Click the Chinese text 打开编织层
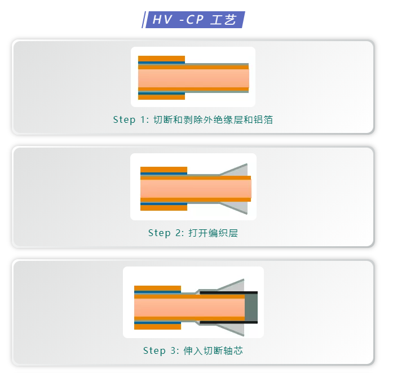coord(213,233)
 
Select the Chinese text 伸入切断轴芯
coord(213,350)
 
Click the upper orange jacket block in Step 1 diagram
coord(161,59)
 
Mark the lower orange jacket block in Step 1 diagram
coord(161,96)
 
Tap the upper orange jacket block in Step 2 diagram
coord(164,170)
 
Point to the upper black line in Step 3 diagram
coord(228,292)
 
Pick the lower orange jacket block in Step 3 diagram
coord(157,326)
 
